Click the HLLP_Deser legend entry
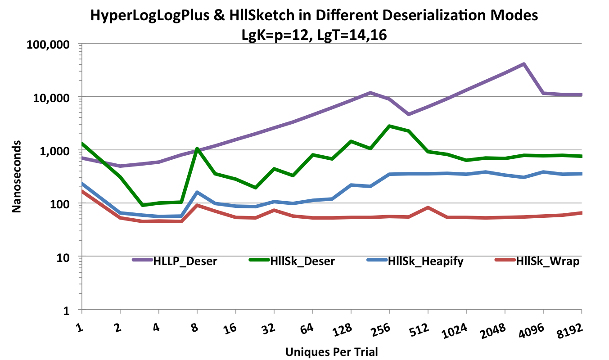click(185, 261)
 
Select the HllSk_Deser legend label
click(302, 261)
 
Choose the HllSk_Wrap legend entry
click(548, 261)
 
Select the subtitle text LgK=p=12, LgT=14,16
click(314, 34)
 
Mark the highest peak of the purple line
click(524, 64)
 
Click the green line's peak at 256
click(389, 126)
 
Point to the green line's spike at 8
click(197, 148)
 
